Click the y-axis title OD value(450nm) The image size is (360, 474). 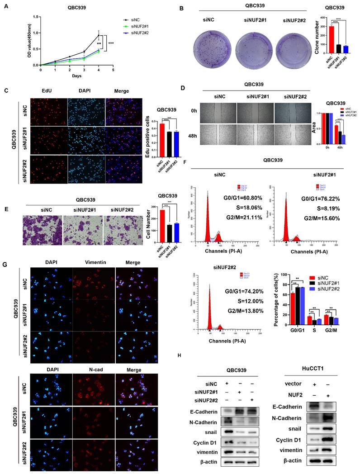coord(27,41)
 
